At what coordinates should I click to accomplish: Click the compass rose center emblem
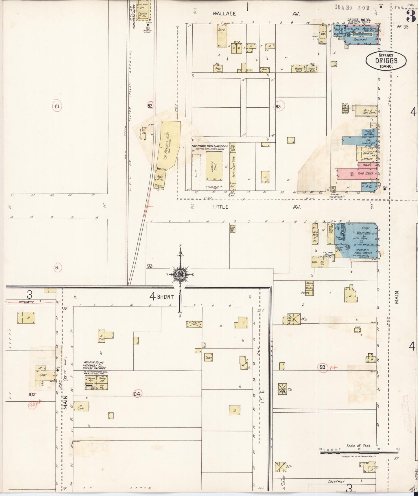(180, 274)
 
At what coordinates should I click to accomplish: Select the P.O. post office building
(369, 187)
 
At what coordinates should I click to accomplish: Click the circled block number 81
(57, 106)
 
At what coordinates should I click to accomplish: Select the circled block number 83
(278, 106)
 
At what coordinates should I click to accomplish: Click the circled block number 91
(57, 268)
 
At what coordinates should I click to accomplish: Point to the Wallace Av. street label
(224, 14)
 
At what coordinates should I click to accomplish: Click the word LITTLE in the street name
(220, 207)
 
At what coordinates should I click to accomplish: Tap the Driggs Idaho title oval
(386, 61)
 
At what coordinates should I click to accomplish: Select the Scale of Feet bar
(359, 452)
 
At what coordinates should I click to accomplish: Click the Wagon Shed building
(299, 69)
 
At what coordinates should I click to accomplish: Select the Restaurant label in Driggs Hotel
(360, 39)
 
